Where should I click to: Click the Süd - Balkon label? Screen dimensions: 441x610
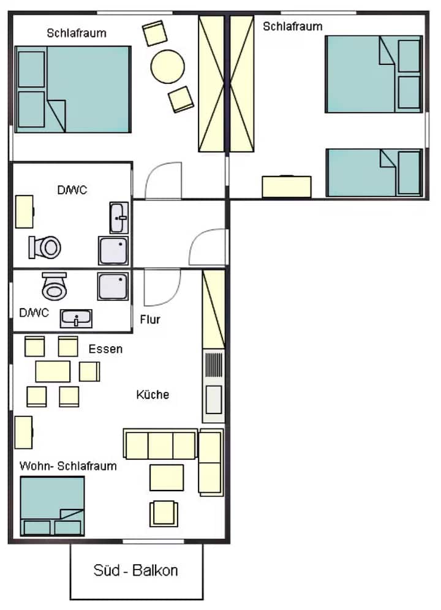coord(135,570)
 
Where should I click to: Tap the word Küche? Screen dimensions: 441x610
coord(153,394)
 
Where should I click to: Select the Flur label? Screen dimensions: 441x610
coord(150,320)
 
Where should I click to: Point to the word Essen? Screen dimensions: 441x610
coord(105,348)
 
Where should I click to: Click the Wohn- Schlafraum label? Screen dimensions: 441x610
coord(68,465)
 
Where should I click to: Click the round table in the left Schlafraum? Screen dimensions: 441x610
coord(167,67)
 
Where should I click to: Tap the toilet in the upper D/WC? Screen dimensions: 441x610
coord(45,247)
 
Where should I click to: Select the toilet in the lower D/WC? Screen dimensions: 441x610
coord(55,287)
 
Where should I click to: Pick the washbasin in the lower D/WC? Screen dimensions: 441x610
coord(76,318)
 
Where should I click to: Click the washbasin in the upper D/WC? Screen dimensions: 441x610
coord(119,217)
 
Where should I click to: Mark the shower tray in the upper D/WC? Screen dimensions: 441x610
coord(113,250)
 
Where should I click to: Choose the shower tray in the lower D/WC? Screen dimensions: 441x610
coord(113,287)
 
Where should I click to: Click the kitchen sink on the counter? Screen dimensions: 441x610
coord(214,399)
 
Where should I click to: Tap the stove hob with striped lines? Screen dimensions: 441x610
coord(214,365)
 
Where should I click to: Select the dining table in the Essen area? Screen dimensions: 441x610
coord(53,372)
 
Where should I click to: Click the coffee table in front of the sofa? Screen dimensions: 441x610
coord(167,477)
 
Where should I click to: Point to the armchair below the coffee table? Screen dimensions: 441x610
coord(164,514)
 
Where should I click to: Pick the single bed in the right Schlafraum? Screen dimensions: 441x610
coord(374,172)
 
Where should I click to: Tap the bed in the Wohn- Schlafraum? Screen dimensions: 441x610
coord(52,506)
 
